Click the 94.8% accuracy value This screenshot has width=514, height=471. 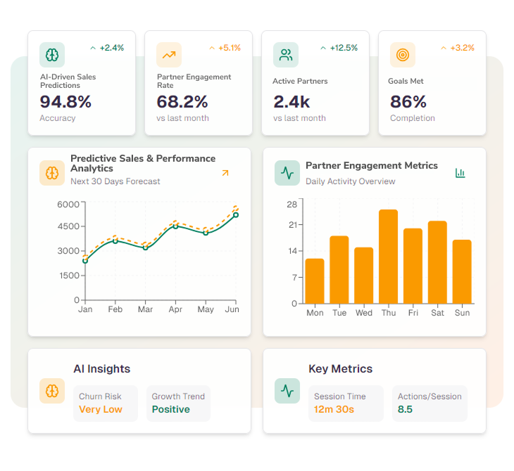point(65,102)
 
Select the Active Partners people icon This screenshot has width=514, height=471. point(286,55)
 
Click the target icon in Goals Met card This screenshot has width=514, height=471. point(403,55)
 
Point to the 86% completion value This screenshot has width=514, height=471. point(408,102)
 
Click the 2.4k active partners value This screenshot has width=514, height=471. point(292,102)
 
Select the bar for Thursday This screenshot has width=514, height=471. point(389,257)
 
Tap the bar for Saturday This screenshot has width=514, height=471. point(437,262)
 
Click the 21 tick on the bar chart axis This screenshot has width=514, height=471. point(292,225)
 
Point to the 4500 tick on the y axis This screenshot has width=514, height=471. point(68,226)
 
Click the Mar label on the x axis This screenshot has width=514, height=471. point(145,309)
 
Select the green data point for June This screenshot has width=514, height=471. point(235,214)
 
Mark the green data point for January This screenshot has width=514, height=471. point(85,261)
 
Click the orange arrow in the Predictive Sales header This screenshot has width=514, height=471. point(225,173)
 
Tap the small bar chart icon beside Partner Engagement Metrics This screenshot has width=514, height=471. point(460,173)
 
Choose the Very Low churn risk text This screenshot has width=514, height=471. point(101,409)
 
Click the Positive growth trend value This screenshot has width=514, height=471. point(171,409)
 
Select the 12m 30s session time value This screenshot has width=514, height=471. point(334,409)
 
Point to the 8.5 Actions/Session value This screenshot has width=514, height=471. point(405,409)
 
